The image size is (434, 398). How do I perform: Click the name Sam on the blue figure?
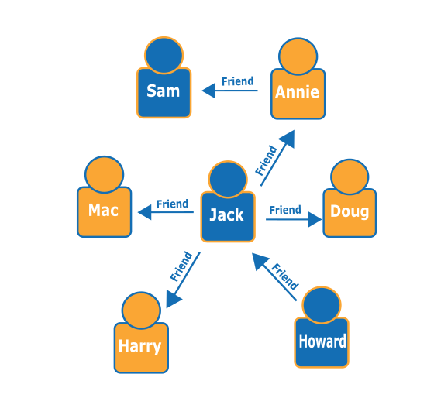coord(164,91)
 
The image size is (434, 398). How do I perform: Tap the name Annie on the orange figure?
coord(297,92)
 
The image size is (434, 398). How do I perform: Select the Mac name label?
coord(103,210)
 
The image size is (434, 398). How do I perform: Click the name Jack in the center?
coord(226,215)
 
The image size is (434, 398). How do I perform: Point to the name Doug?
coord(350,211)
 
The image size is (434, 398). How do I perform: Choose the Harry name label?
coord(139,345)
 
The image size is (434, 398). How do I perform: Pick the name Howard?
coord(322,341)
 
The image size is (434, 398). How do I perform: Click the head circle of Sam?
coord(164,55)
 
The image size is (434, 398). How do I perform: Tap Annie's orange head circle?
coord(298,56)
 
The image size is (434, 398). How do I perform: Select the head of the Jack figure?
coord(228,180)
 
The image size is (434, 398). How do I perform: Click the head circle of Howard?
coord(322,305)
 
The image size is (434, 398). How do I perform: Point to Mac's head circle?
coord(104,174)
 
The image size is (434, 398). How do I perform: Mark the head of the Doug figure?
coord(350,177)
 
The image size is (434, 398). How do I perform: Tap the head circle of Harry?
coord(140,311)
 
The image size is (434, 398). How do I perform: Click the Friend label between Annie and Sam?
coord(237,81)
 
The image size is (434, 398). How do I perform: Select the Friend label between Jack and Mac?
coord(172,204)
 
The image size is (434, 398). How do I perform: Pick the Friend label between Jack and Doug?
coord(284,210)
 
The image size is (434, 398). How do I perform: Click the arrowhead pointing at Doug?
coord(315,220)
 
